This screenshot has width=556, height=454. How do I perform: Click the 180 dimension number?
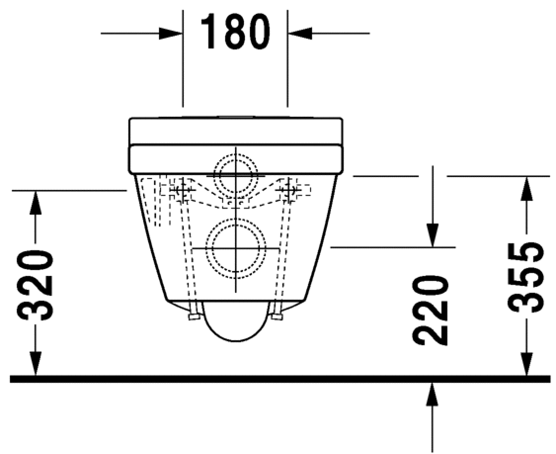tap(235, 32)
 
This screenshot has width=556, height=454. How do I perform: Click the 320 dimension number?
tap(35, 285)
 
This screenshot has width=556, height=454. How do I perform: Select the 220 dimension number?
tap(431, 312)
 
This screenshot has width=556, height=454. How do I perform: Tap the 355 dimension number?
tap(525, 277)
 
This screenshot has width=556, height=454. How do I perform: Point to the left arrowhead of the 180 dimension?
tap(171, 34)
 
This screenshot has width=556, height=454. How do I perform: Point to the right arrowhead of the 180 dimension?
tap(300, 34)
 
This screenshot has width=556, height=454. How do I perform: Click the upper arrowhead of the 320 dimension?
tap(36, 203)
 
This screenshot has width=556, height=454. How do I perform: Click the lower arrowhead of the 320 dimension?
tap(36, 363)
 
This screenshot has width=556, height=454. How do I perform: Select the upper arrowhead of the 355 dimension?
tap(527, 188)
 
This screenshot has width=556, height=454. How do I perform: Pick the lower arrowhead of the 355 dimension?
tap(527, 363)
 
